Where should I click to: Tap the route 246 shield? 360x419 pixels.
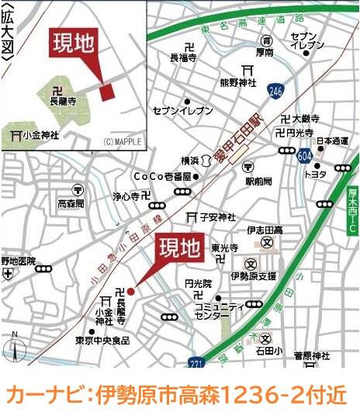275,92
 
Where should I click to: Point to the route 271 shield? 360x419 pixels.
198,362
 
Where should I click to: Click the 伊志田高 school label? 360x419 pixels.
265,231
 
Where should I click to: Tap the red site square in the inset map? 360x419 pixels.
107,91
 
